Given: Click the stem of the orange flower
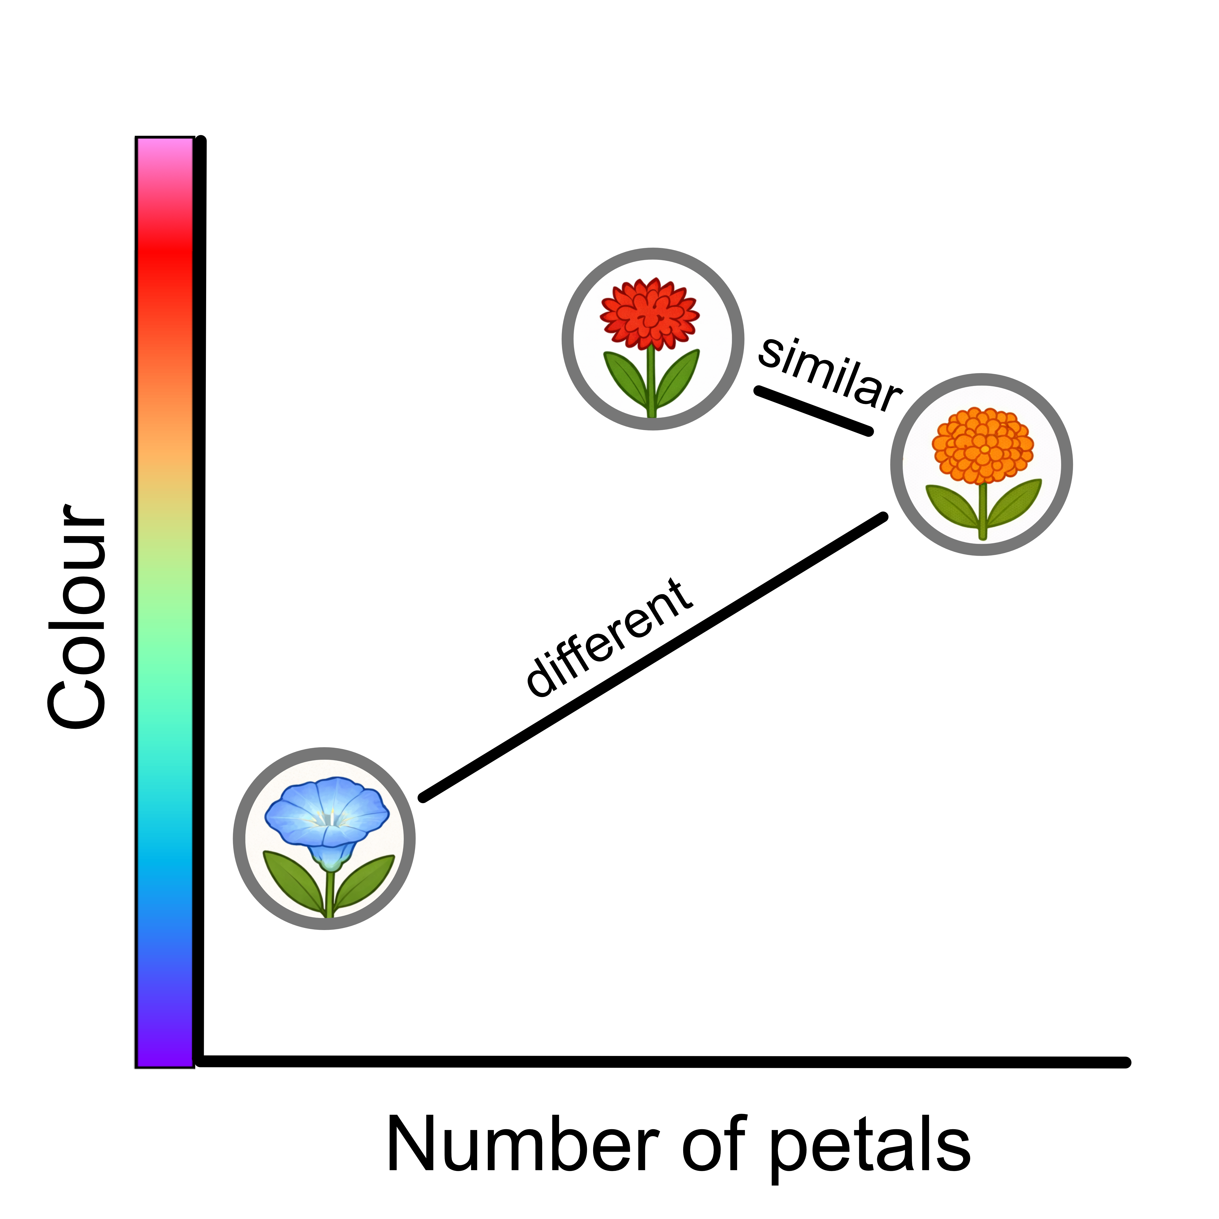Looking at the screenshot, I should [x=982, y=511].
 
